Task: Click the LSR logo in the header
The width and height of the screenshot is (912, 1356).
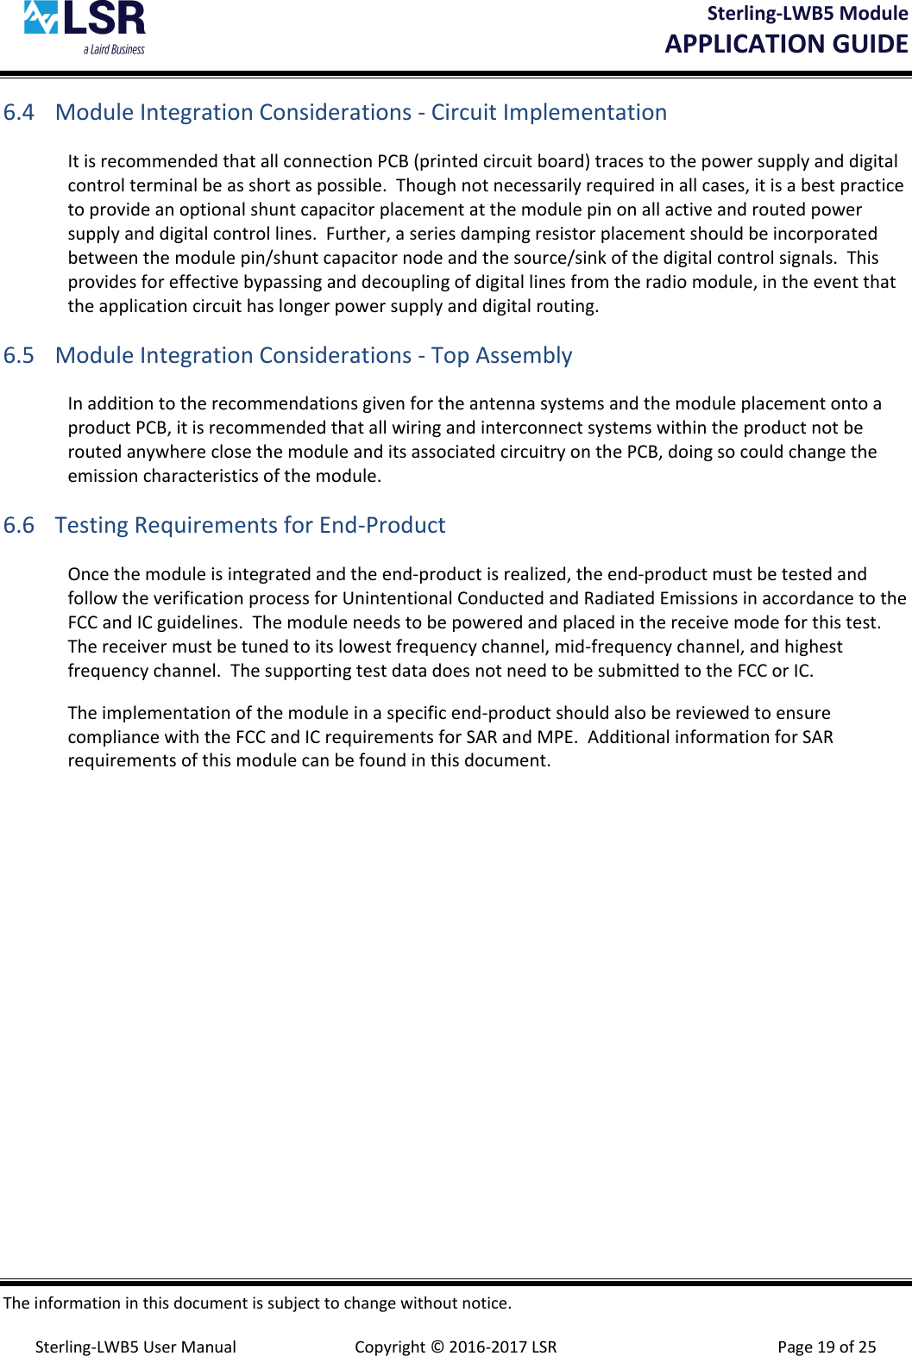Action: [x=85, y=20]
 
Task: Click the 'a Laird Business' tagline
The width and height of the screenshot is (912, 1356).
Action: [x=114, y=50]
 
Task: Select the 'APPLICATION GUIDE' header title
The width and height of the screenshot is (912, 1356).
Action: [x=786, y=44]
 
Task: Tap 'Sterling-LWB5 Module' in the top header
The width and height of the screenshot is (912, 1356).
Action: [x=807, y=14]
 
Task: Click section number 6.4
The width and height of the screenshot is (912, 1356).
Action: [x=19, y=113]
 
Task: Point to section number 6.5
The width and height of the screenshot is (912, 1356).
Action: [x=19, y=356]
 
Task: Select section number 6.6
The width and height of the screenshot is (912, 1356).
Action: [x=19, y=526]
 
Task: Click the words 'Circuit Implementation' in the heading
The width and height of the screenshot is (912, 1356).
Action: [x=549, y=113]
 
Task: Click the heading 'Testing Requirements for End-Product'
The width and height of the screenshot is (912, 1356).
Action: [x=250, y=526]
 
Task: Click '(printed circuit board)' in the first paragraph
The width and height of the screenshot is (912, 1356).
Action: [x=502, y=161]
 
